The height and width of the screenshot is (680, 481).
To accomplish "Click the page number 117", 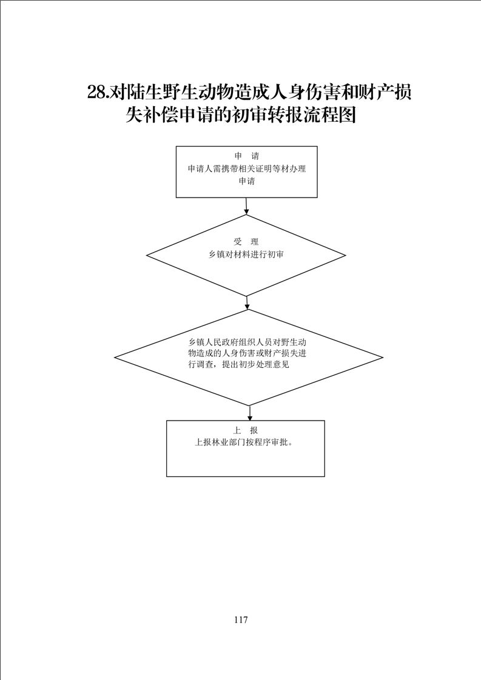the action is click(x=240, y=619).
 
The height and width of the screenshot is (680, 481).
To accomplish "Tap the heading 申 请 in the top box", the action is click(x=247, y=156).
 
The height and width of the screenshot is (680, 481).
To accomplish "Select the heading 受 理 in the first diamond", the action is click(x=246, y=242).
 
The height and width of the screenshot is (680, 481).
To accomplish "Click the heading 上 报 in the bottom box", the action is click(x=246, y=430).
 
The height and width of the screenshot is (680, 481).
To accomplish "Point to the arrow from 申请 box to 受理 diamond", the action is click(x=247, y=206).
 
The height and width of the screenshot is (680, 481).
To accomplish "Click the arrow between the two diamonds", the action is click(x=247, y=302).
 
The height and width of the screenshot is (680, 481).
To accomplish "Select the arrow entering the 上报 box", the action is click(x=250, y=413).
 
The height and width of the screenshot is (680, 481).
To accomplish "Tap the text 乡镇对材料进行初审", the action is click(x=246, y=255).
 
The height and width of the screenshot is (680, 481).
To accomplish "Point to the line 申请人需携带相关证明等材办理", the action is click(x=247, y=168).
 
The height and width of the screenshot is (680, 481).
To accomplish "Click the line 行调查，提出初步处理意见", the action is click(x=238, y=365).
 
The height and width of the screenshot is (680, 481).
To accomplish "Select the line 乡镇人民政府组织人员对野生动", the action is click(x=247, y=341).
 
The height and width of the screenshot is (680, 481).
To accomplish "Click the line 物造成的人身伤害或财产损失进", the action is click(x=247, y=353).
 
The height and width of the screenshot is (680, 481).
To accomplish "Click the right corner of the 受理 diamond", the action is click(x=346, y=255).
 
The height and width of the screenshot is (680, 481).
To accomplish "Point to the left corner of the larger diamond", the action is click(x=115, y=358).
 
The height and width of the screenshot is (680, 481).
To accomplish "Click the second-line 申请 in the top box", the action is click(x=247, y=181).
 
